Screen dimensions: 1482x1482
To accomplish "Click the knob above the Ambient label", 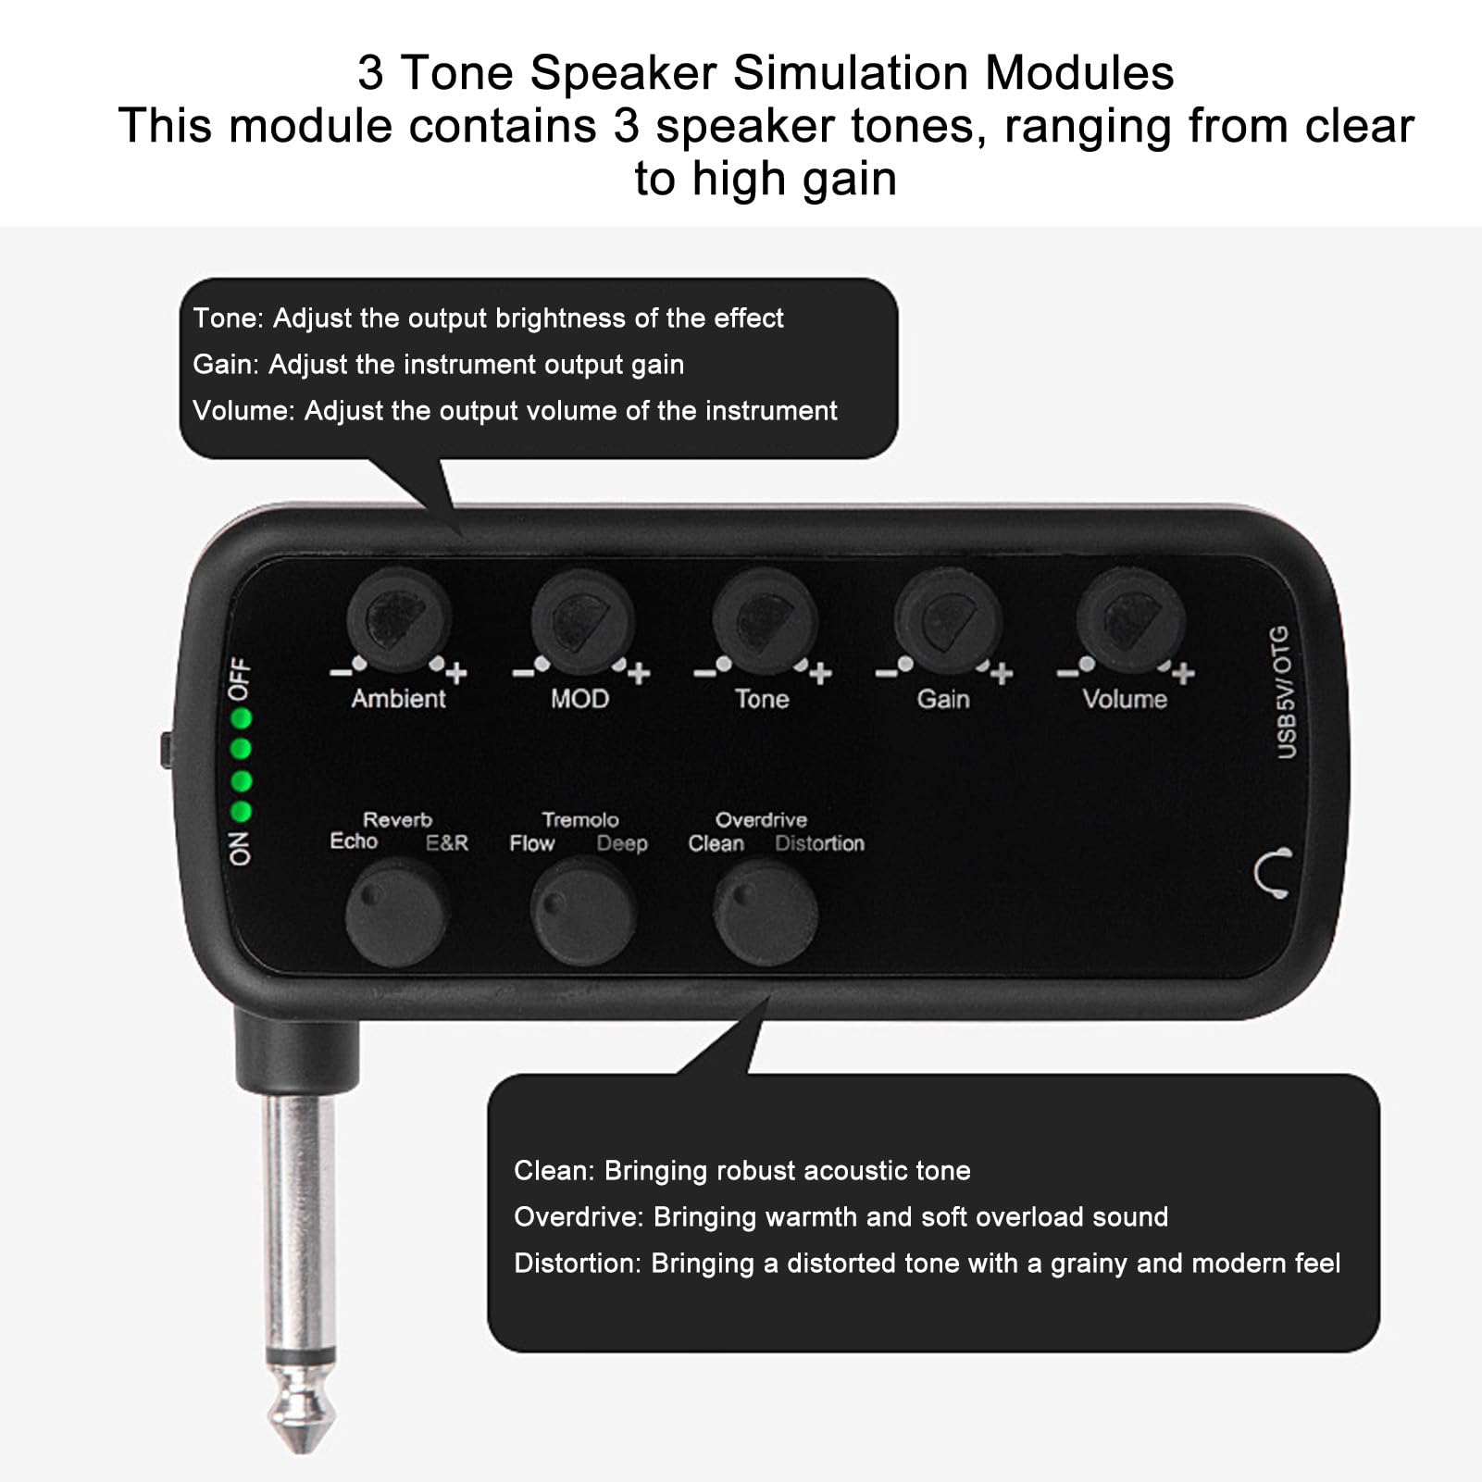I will point(399,619).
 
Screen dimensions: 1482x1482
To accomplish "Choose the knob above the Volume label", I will point(1130,620).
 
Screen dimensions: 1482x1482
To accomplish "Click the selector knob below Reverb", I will point(396,912).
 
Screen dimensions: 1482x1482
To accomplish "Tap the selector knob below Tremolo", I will point(582,912).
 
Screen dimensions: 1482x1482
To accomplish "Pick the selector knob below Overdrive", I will point(765,912).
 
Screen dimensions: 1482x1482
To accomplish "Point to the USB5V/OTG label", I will point(1285,691).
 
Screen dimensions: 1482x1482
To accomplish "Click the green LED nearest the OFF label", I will point(242,718).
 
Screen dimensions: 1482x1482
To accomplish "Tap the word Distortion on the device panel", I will point(819,843).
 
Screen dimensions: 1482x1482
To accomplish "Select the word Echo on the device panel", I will point(354,841).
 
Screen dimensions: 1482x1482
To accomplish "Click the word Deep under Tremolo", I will point(621,843).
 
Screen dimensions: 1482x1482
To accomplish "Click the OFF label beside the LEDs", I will point(240,679).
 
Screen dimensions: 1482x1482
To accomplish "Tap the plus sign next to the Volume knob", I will point(1183,673).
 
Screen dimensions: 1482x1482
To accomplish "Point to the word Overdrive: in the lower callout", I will point(579,1216).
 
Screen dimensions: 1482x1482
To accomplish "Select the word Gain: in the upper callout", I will point(226,365).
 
